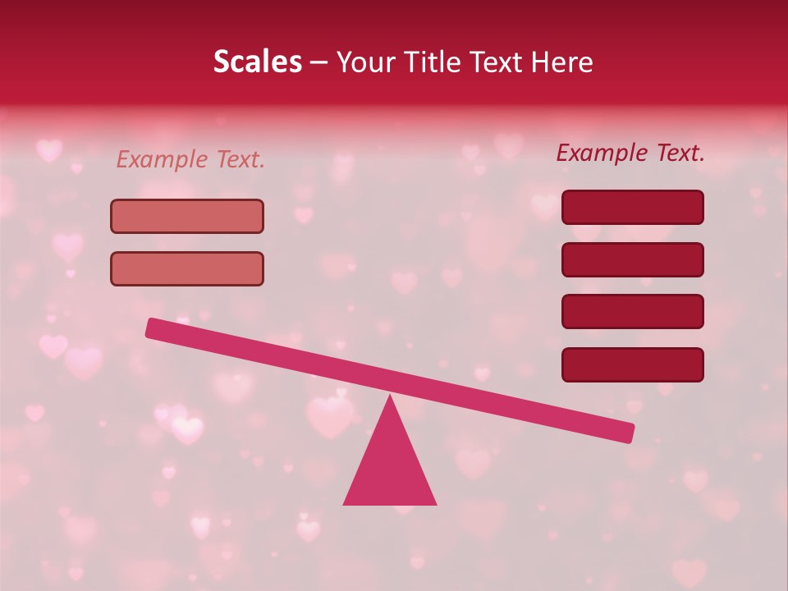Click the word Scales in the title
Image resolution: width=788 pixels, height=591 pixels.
pyautogui.click(x=258, y=62)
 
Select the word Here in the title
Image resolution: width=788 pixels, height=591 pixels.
pyautogui.click(x=562, y=62)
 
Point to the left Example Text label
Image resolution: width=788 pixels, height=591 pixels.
pyautogui.click(x=190, y=159)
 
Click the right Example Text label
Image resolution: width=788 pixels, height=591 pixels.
pyautogui.click(x=630, y=153)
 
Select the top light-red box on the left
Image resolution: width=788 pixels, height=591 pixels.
pyautogui.click(x=187, y=216)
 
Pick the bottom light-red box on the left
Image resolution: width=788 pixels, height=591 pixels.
pyautogui.click(x=187, y=268)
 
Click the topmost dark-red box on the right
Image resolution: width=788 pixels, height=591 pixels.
pyautogui.click(x=633, y=207)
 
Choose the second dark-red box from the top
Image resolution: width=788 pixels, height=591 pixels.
pyautogui.click(x=633, y=259)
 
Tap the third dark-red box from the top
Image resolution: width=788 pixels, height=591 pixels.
pyautogui.click(x=633, y=312)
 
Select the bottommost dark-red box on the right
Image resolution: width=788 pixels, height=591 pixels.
pyautogui.click(x=633, y=364)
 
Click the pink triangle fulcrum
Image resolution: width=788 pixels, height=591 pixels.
pyautogui.click(x=390, y=468)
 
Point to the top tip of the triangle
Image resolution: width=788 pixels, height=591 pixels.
pyautogui.click(x=390, y=397)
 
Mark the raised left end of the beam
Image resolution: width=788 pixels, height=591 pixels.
pyautogui.click(x=153, y=328)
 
